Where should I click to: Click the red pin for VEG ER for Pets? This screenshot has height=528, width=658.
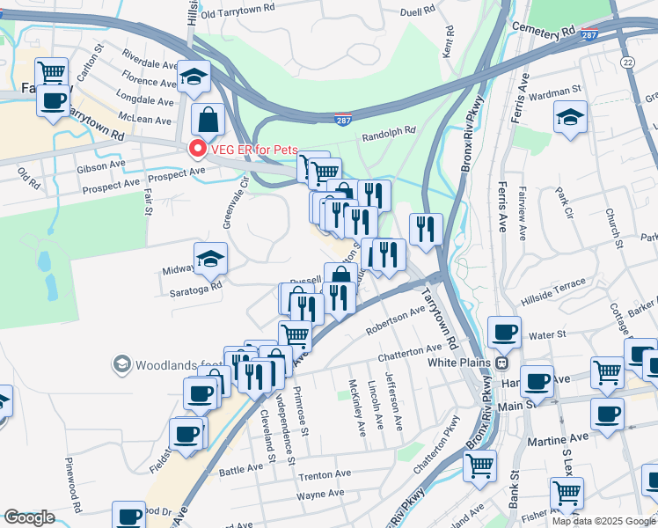(x=197, y=149)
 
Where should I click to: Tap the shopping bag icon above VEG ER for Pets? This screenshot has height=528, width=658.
(x=208, y=118)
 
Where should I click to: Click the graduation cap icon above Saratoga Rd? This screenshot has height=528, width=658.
(x=211, y=258)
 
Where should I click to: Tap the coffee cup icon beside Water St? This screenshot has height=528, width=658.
(x=504, y=332)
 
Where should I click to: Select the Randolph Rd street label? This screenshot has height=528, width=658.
(x=388, y=133)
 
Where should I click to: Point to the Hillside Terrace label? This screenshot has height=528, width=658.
(x=553, y=285)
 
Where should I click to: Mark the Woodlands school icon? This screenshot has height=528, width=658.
(x=121, y=363)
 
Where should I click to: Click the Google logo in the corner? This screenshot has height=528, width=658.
(x=29, y=517)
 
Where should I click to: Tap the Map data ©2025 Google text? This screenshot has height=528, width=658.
(x=603, y=521)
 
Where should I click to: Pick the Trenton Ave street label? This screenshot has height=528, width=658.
(x=325, y=475)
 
